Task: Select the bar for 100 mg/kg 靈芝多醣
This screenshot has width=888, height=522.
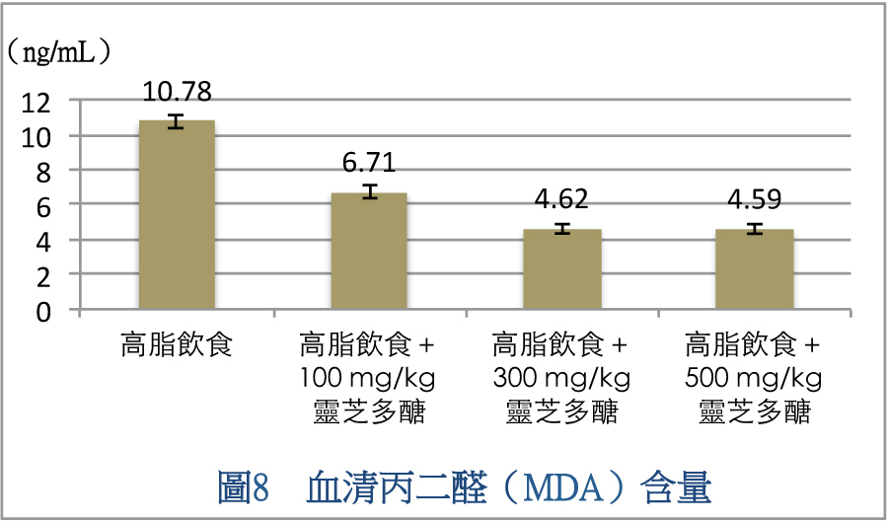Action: point(369,252)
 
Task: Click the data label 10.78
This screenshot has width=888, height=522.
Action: point(177,92)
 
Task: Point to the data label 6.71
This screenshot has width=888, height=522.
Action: point(369,163)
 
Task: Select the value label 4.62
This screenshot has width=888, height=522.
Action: point(561,199)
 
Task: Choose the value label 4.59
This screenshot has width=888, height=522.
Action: point(754,199)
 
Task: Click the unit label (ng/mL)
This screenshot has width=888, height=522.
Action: point(58,51)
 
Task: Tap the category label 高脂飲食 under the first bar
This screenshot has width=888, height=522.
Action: point(177,345)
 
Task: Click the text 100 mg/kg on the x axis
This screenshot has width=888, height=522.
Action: point(368,378)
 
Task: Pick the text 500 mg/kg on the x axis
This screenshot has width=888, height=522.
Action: point(754,378)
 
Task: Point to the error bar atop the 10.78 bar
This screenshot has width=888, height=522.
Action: point(177,121)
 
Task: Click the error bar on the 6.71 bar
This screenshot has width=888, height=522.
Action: point(369,191)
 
